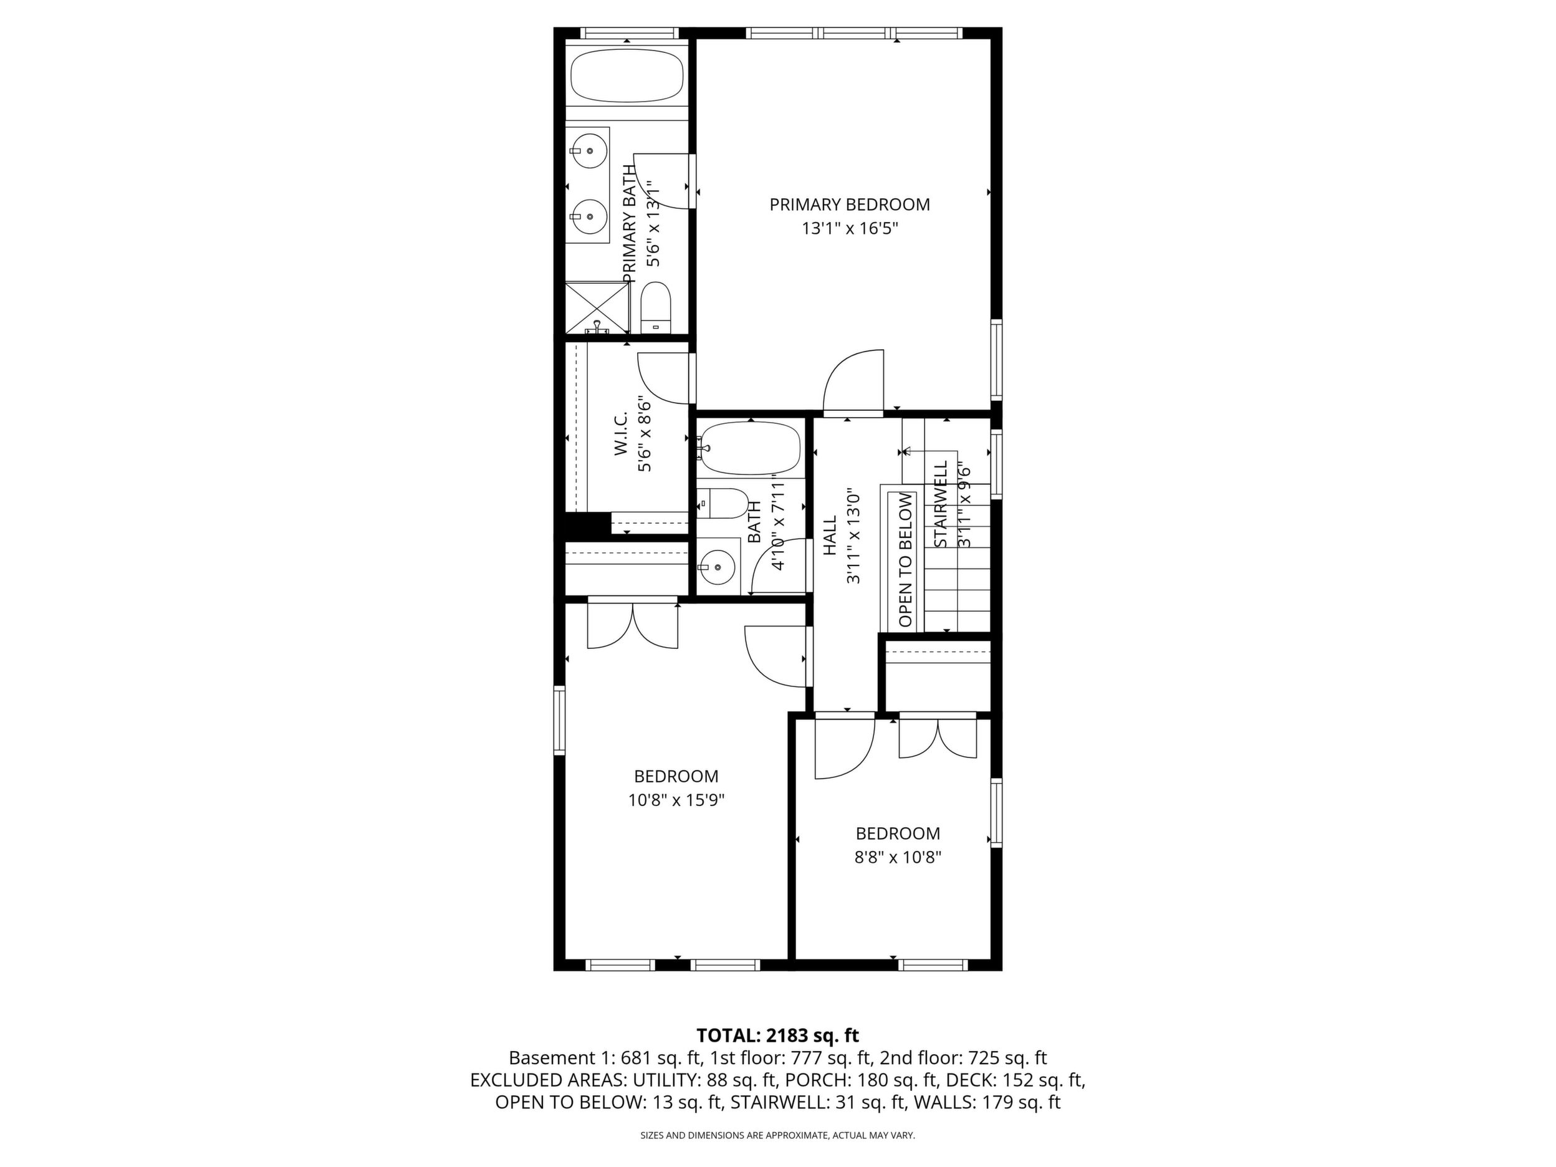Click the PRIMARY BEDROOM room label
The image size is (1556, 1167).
click(x=849, y=204)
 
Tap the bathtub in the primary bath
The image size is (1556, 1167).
click(x=626, y=77)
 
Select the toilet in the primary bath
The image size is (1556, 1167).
click(x=656, y=307)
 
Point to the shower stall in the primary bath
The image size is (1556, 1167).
click(x=597, y=307)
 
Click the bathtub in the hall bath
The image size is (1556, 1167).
click(x=750, y=448)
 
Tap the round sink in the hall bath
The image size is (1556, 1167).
click(x=718, y=565)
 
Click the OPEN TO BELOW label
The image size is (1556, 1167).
click(x=905, y=560)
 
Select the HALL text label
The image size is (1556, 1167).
click(x=831, y=535)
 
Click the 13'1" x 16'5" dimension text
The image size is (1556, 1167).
click(x=850, y=229)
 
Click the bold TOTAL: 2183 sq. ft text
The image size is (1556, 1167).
click(x=777, y=1035)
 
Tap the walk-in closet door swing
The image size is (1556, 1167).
click(x=663, y=378)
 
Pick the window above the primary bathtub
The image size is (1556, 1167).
click(x=629, y=32)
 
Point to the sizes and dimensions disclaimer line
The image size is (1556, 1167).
click(x=777, y=1135)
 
